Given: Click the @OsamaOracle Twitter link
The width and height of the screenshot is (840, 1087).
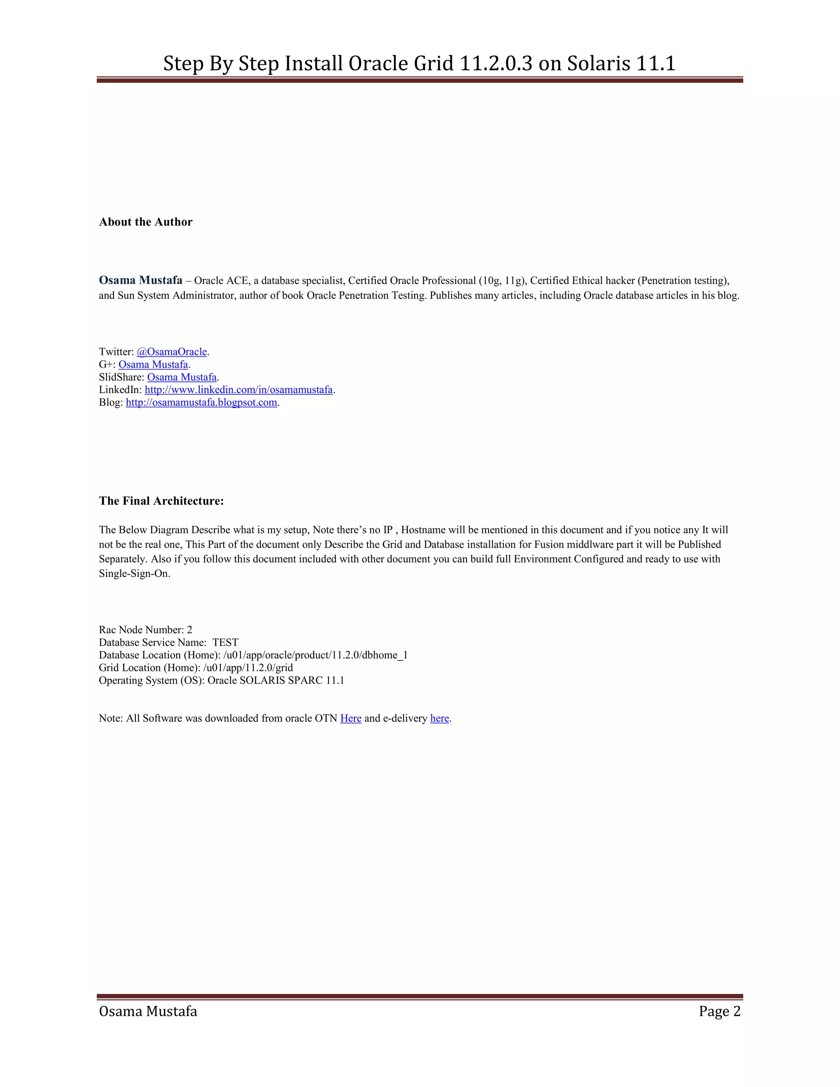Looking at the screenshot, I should tap(172, 352).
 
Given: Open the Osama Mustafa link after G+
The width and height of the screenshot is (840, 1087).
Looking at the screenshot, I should tap(153, 364).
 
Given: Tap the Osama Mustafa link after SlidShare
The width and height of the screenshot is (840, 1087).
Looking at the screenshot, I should tap(182, 377).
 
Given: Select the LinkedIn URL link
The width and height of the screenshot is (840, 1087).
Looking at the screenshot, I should tap(238, 390).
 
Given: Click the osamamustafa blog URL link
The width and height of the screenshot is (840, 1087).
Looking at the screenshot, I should tap(201, 402).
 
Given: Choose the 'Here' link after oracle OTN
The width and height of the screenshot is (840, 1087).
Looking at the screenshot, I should tap(351, 718).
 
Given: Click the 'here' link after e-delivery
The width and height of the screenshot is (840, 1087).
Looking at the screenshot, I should tap(439, 718).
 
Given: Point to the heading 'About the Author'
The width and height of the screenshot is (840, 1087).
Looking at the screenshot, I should tap(145, 222).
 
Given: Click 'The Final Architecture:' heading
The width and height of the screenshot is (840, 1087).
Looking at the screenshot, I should tap(161, 501).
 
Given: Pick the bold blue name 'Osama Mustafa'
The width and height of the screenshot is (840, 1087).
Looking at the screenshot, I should tap(141, 280).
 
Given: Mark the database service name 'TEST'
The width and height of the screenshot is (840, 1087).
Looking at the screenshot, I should tap(226, 642).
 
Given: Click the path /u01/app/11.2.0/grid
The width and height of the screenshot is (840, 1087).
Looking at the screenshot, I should tap(248, 667).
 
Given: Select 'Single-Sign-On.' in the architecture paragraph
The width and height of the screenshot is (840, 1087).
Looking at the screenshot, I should tap(135, 573).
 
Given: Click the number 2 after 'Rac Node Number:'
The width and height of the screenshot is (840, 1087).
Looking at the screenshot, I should tap(189, 630).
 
